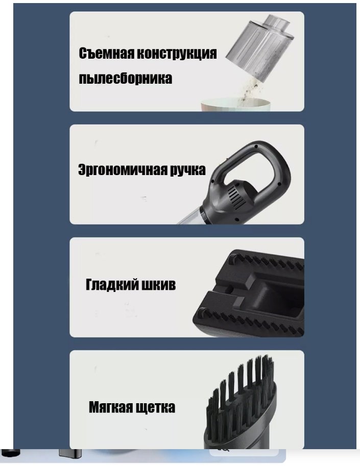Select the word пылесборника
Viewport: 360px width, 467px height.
125,79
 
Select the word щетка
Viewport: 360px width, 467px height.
156,407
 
